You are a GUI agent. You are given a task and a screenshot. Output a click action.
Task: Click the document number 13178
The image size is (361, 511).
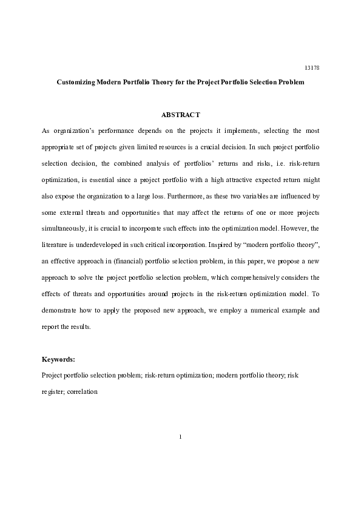[311, 67]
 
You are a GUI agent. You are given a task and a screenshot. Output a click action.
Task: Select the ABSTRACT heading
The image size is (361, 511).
[180, 115]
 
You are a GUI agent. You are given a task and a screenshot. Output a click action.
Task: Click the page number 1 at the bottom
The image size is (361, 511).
[180, 436]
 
